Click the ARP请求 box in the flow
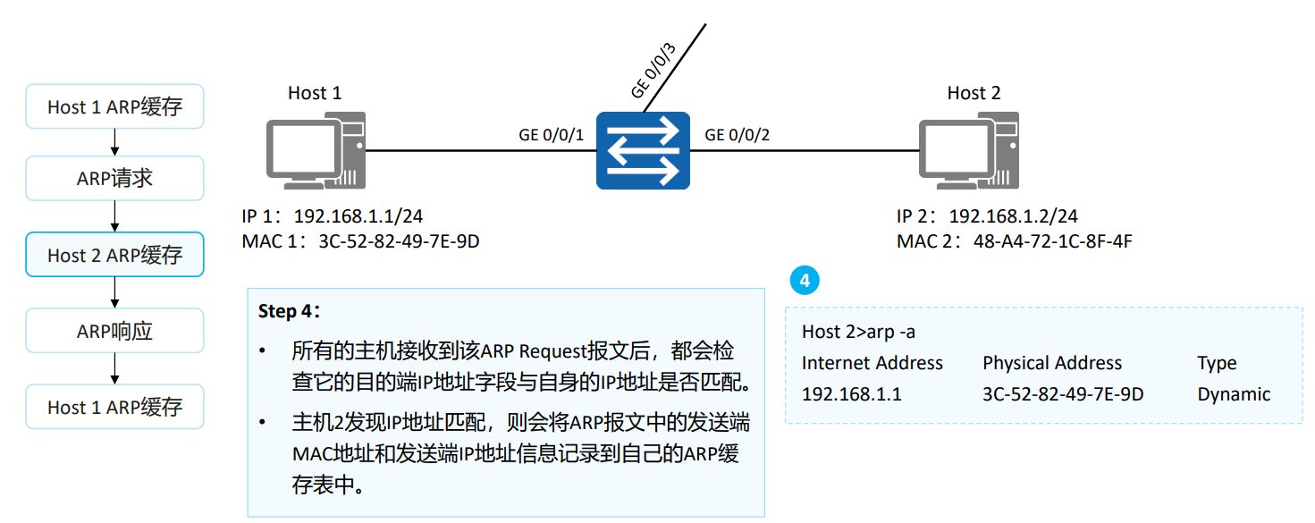coord(114,179)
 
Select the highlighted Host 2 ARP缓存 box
coord(114,255)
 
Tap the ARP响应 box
coord(114,331)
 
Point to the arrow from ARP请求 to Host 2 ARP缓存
coord(114,216)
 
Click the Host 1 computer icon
coord(316,153)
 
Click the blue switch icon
coord(644,150)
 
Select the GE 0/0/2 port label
coord(738,135)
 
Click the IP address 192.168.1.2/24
coord(1013,217)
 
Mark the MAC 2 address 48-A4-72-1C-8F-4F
coord(1053,241)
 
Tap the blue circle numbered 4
coord(805,281)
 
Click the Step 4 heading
coord(289,311)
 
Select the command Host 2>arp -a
coord(858,332)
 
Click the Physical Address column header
coord(1051,363)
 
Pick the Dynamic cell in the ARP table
coord(1234,394)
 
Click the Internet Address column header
coord(872,363)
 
